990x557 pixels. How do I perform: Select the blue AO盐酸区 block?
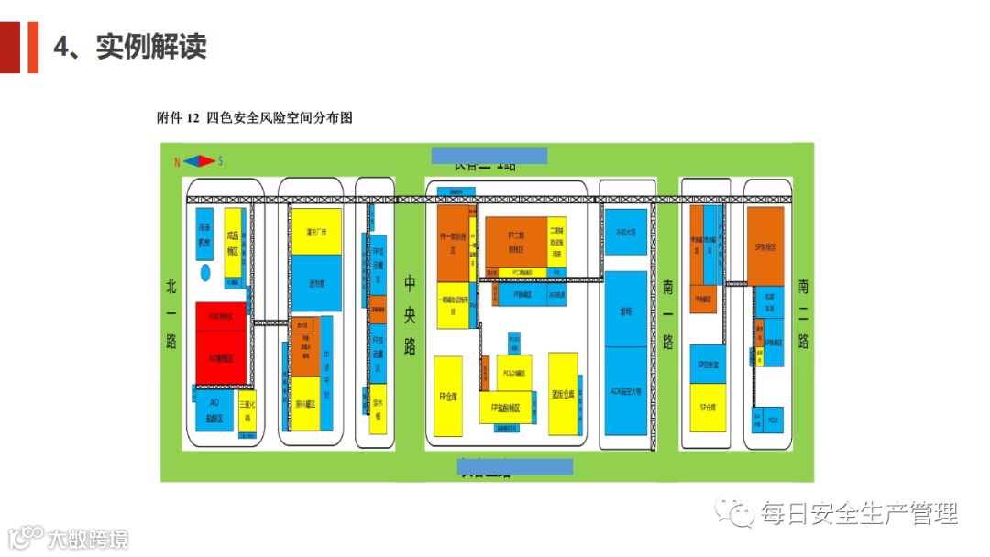coord(214,410)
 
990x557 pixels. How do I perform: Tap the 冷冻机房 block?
coord(205,238)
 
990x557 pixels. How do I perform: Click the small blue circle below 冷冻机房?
coord(206,273)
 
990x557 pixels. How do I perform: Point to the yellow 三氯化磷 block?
coord(247,410)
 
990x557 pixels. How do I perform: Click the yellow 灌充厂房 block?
coord(316,232)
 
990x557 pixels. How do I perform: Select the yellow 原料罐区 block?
coord(306,403)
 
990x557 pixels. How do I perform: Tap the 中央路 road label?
coord(410,315)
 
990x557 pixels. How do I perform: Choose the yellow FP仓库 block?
coord(448,395)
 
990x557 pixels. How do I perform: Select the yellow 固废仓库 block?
coord(562,394)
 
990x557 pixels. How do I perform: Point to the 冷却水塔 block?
coord(626,232)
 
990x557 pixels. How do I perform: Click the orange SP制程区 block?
coord(765,246)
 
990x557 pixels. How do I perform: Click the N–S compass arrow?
coord(198,161)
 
